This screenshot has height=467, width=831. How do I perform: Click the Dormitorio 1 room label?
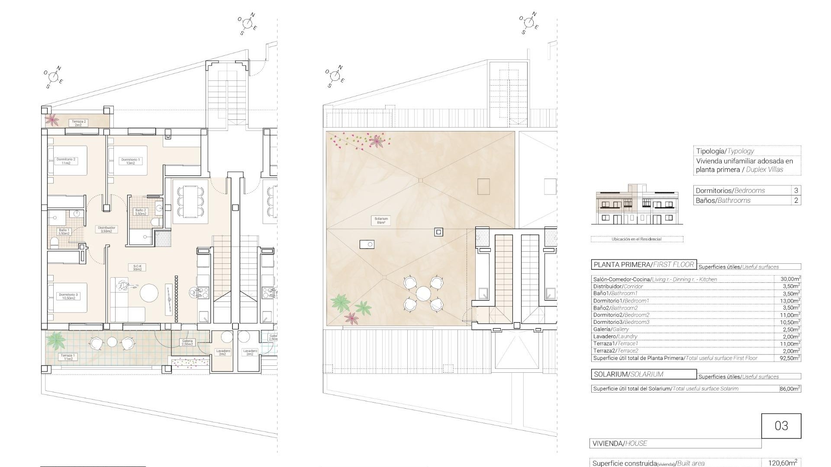pyautogui.click(x=130, y=161)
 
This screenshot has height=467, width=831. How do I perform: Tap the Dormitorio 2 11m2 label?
pyautogui.click(x=66, y=161)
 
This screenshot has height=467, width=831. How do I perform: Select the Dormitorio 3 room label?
pyautogui.click(x=68, y=296)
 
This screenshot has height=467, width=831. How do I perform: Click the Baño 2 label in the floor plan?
pyautogui.click(x=141, y=212)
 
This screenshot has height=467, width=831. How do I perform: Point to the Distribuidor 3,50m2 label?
pyautogui.click(x=106, y=229)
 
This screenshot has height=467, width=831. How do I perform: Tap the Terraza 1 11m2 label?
pyautogui.click(x=68, y=357)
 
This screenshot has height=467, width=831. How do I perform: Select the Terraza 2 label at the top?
pyautogui.click(x=79, y=123)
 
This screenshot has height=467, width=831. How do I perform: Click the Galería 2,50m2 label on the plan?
pyautogui.click(x=187, y=342)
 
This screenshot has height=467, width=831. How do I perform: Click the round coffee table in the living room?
pyautogui.click(x=148, y=293)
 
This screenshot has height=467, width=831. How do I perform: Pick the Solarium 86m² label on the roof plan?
pyautogui.click(x=381, y=221)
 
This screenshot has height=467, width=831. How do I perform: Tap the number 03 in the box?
pyautogui.click(x=781, y=426)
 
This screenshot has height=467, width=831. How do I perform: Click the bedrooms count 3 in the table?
pyautogui.click(x=796, y=190)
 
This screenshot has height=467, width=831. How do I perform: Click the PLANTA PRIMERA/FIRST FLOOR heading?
pyautogui.click(x=644, y=265)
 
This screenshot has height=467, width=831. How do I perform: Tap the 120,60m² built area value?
pyautogui.click(x=783, y=463)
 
